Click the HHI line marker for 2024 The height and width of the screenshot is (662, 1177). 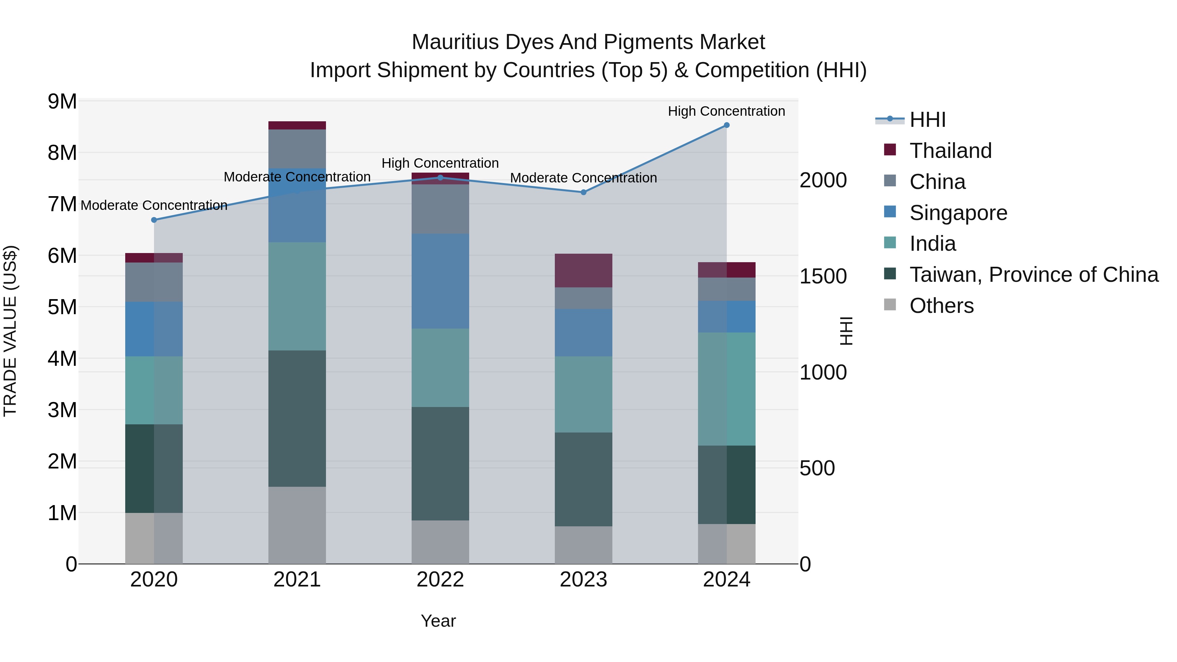click(x=726, y=125)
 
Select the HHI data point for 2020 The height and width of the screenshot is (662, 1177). click(x=154, y=220)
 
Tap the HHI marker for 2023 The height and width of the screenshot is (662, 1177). click(x=584, y=192)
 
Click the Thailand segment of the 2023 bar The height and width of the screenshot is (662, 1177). click(x=584, y=270)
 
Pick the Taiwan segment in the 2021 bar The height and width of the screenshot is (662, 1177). click(x=297, y=418)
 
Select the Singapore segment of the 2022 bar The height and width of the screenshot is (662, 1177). click(x=440, y=281)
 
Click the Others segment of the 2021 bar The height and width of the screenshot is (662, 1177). click(x=297, y=525)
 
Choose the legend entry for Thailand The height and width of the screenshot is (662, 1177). click(x=950, y=151)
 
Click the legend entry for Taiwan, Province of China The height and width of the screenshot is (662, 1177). click(x=1033, y=275)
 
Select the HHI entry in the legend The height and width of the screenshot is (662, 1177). click(x=928, y=120)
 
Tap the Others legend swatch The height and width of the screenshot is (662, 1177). click(x=890, y=305)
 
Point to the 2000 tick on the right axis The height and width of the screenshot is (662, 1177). click(x=823, y=180)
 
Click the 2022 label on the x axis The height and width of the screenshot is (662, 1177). click(x=440, y=580)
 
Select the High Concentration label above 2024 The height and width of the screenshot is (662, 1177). click(x=726, y=111)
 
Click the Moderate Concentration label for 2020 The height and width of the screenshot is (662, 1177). click(x=154, y=205)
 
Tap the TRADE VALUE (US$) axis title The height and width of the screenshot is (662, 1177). click(x=10, y=331)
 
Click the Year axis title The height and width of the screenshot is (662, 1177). click(x=438, y=621)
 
